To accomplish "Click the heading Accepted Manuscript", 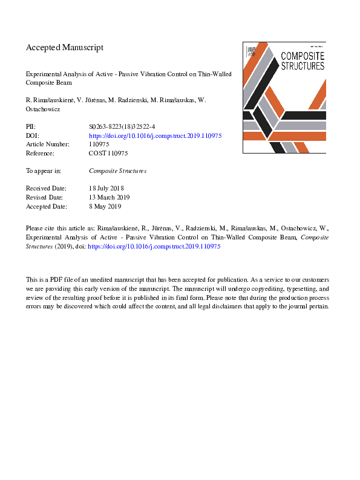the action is point(65,47).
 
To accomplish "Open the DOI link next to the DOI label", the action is point(155,136).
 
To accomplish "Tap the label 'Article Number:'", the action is point(48,144).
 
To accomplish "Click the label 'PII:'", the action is point(31,127).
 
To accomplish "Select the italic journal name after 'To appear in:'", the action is point(117,171).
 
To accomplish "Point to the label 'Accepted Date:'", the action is point(48,206).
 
